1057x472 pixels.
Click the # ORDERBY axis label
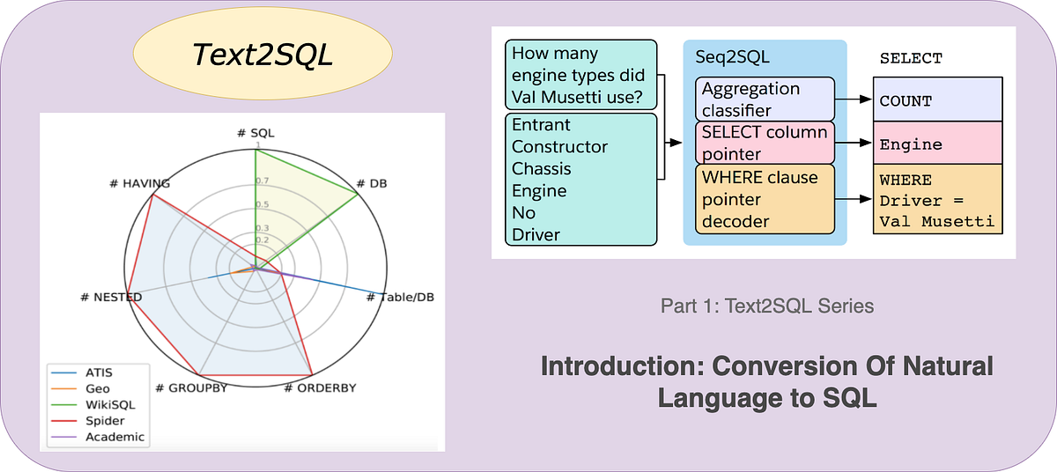coord(320,387)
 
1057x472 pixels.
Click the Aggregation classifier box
coord(765,100)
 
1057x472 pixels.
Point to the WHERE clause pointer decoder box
coord(765,200)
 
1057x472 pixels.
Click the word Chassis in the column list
coord(542,169)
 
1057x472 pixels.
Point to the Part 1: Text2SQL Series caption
coord(766,306)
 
